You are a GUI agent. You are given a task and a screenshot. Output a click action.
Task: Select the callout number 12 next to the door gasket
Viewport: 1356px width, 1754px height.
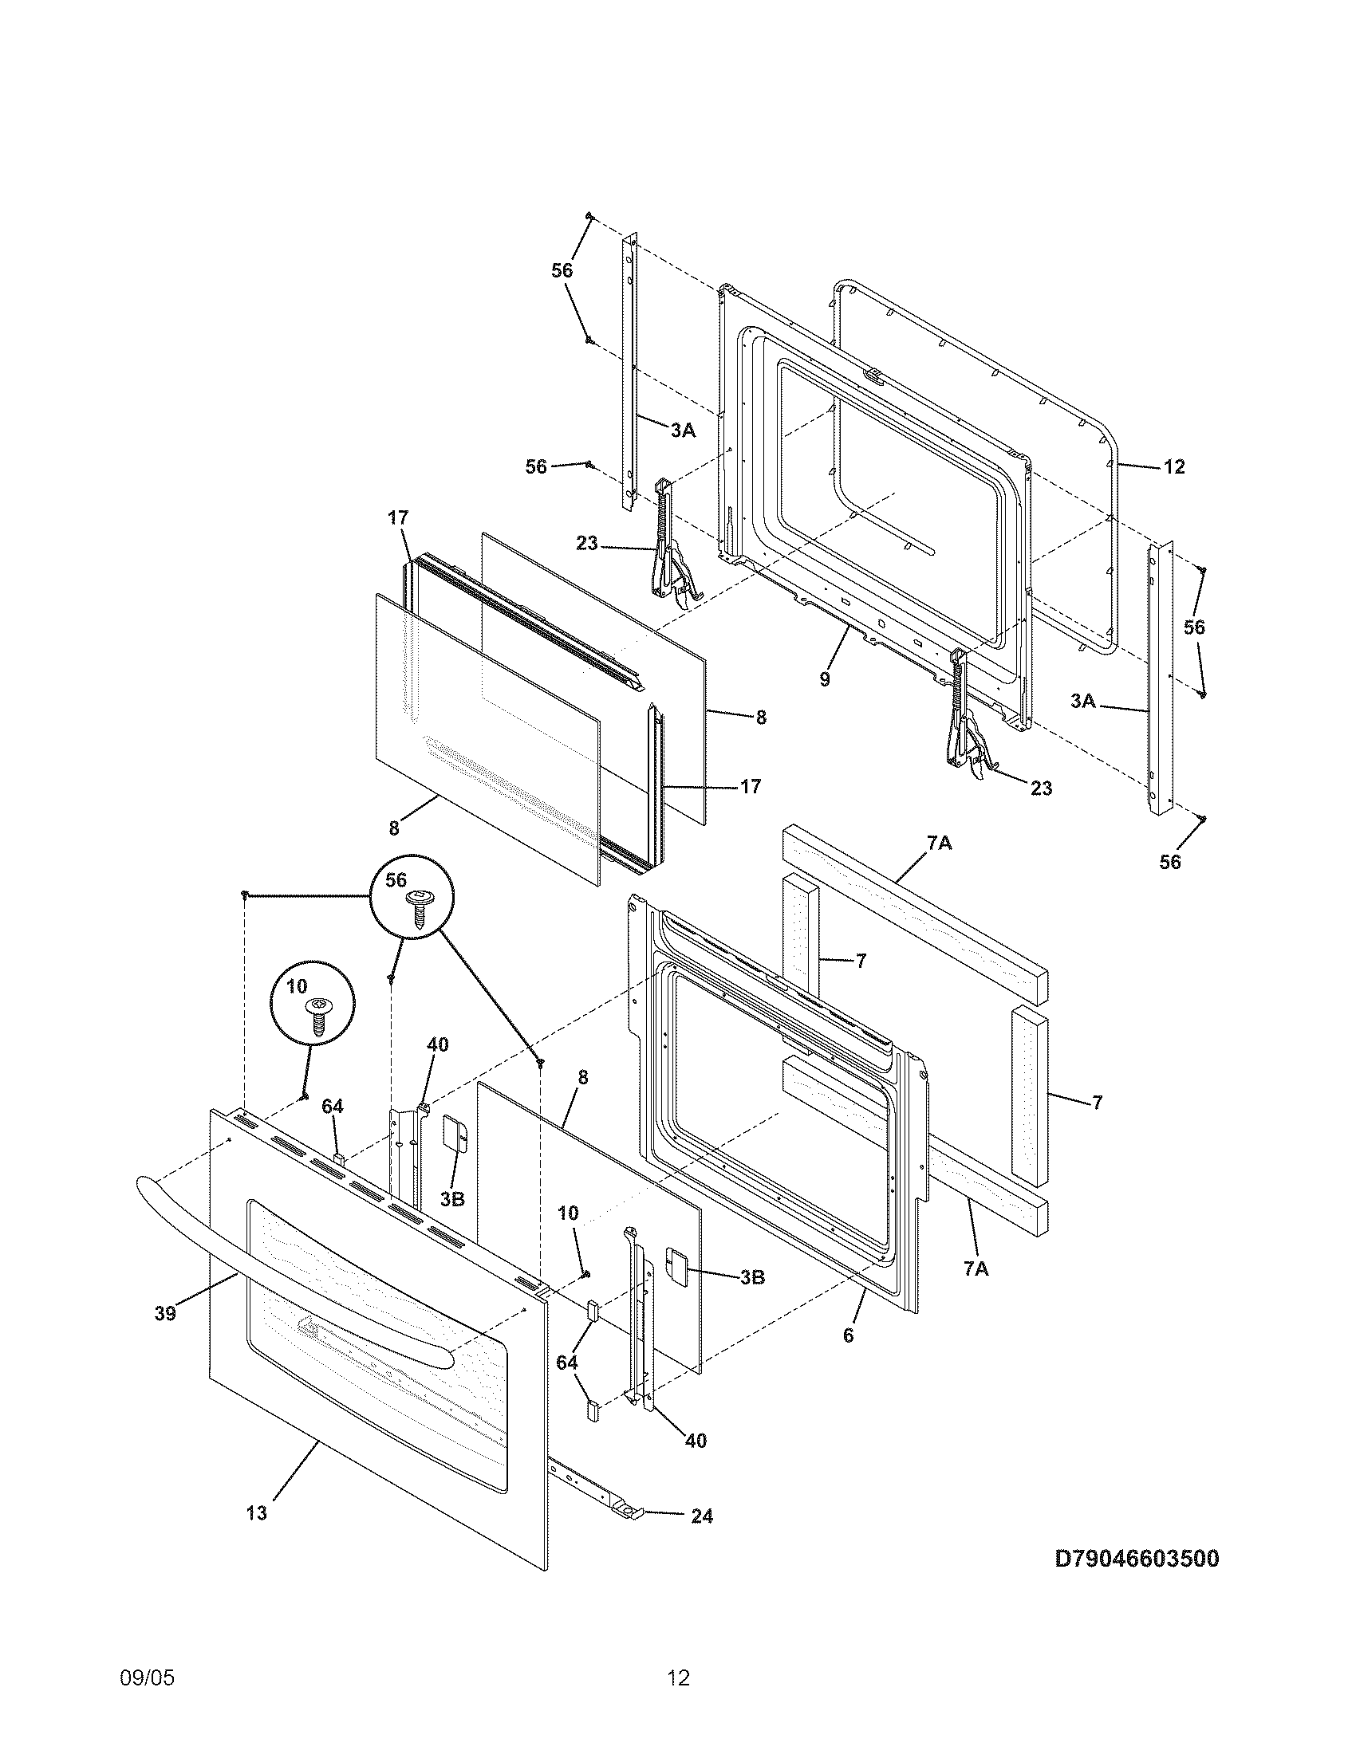coord(1173,466)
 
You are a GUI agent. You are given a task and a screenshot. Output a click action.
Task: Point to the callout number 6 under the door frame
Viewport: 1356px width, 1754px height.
coord(849,1335)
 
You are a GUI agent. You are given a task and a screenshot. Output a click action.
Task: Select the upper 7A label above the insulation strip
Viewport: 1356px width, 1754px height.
coord(940,843)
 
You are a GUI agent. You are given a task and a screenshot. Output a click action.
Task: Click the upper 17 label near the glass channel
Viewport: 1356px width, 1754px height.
coord(399,518)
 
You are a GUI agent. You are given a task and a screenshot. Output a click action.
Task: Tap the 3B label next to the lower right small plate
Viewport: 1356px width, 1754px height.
coord(751,1276)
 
